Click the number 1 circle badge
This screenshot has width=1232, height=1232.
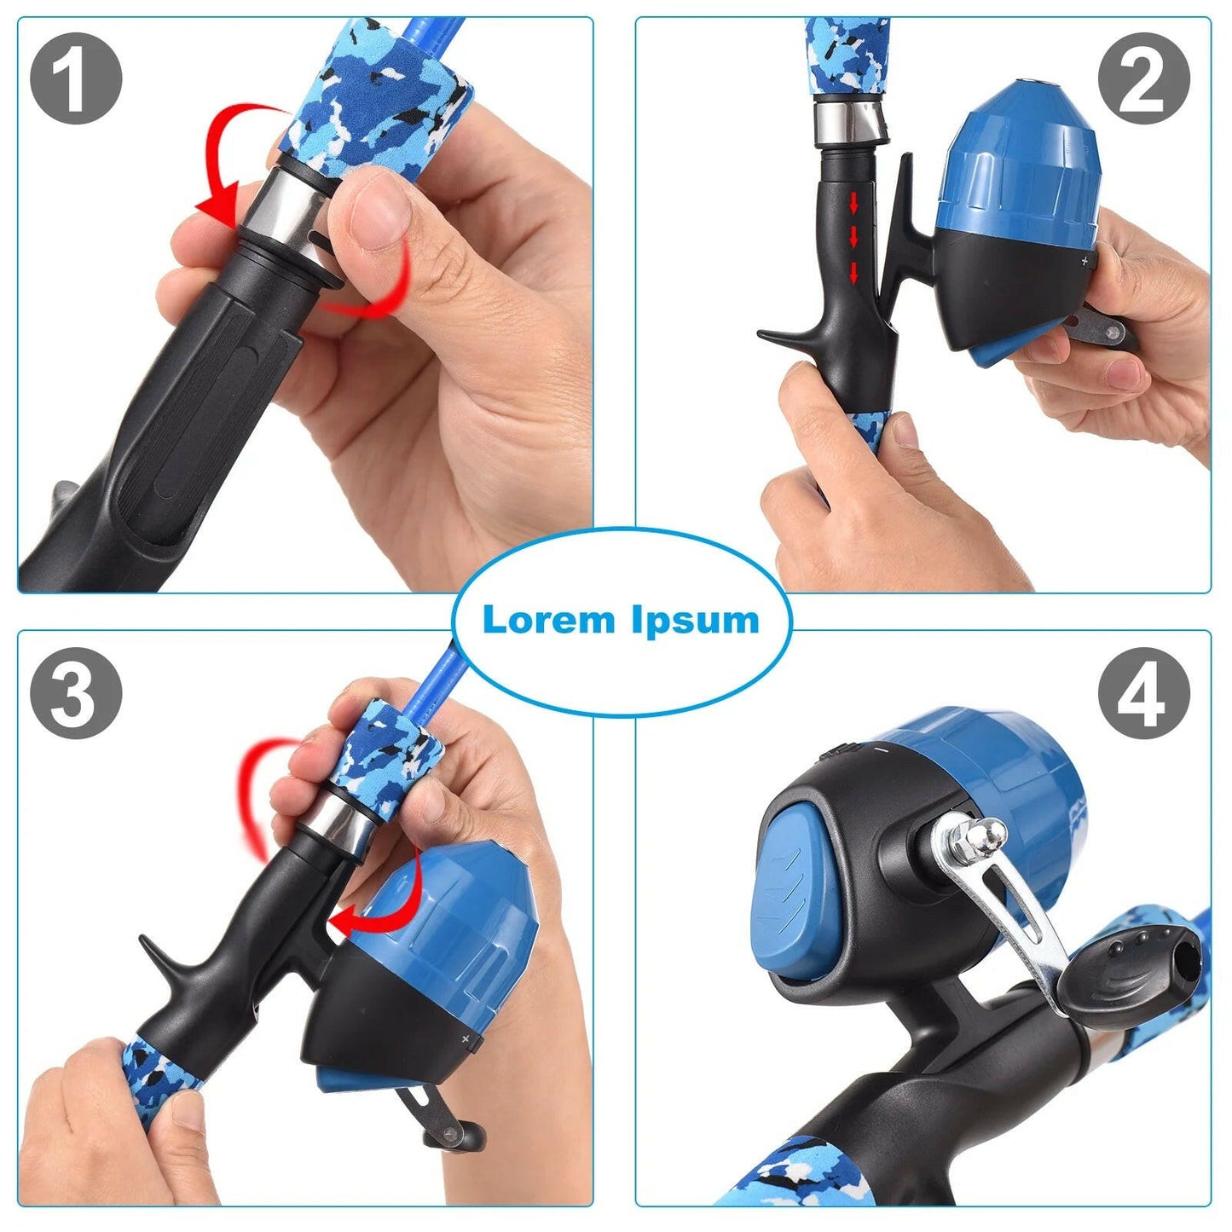coord(76,79)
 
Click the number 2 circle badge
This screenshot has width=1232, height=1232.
coord(1142,79)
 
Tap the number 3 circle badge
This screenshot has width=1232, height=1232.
coord(76,693)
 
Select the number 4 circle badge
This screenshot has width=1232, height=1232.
coord(1142,693)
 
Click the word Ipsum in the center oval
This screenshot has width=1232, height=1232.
coord(695,620)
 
